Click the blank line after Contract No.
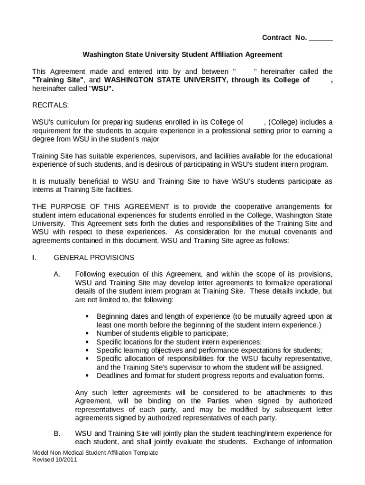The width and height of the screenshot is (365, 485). [x=320, y=38]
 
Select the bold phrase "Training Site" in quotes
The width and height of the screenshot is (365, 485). [x=58, y=80]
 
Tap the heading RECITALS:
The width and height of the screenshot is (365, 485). [x=50, y=105]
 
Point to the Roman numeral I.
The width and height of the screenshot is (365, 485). [x=34, y=258]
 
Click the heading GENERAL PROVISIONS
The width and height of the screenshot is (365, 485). [x=94, y=258]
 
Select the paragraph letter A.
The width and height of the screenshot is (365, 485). [x=57, y=274]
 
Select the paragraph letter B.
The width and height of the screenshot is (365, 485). [x=57, y=433]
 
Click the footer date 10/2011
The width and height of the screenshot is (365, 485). [x=66, y=459]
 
